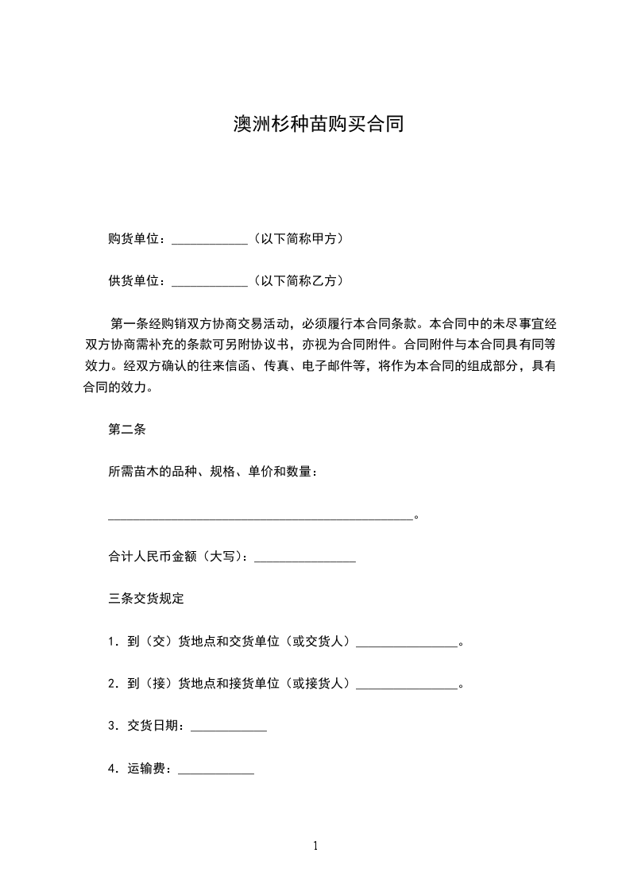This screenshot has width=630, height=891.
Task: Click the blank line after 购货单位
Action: pyautogui.click(x=210, y=241)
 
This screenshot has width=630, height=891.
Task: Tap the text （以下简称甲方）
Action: pyautogui.click(x=298, y=238)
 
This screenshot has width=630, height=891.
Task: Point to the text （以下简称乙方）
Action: pyautogui.click(x=298, y=281)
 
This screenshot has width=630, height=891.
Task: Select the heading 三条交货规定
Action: pyautogui.click(x=146, y=597)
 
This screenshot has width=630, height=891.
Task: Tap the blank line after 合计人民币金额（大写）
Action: pyautogui.click(x=304, y=561)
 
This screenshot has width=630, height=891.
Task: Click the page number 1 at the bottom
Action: pyautogui.click(x=315, y=846)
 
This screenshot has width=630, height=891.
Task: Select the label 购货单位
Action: pyautogui.click(x=134, y=238)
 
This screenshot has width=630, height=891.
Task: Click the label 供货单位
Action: pyautogui.click(x=134, y=281)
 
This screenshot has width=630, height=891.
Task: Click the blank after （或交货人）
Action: pyautogui.click(x=408, y=644)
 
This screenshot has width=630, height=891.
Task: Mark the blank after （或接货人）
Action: pyautogui.click(x=408, y=687)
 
